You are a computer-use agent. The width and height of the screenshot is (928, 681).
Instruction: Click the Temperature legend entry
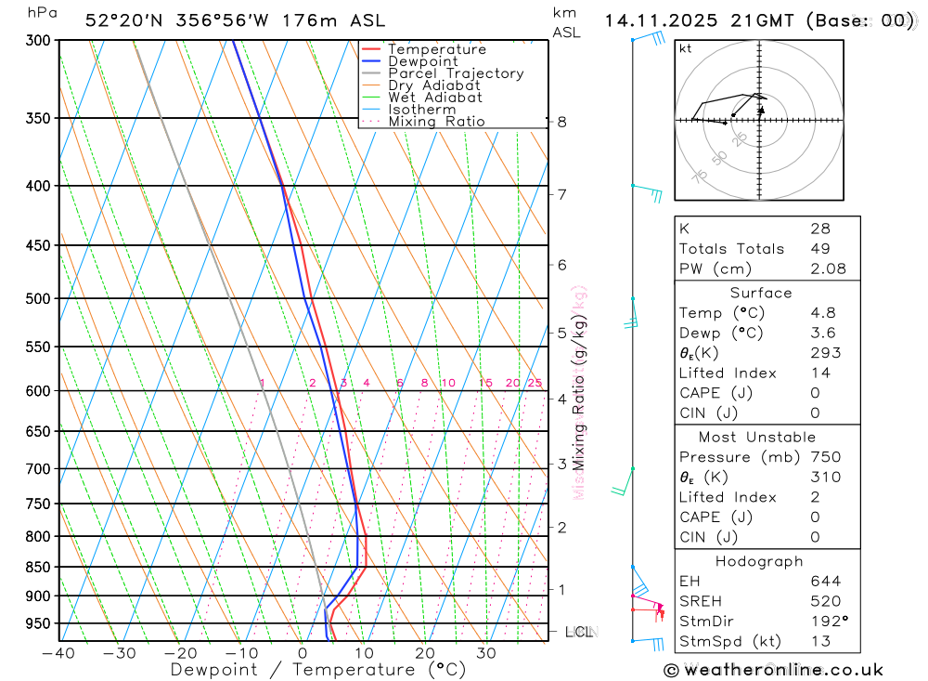[436, 49]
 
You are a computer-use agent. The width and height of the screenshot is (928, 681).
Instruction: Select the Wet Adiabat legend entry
[434, 97]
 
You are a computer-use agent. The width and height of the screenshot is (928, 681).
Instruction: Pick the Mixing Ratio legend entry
[436, 121]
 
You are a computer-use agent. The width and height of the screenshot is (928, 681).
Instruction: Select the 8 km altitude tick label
[561, 122]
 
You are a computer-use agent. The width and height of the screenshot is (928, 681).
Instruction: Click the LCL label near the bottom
[578, 633]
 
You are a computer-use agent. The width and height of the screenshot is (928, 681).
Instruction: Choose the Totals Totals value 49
[820, 248]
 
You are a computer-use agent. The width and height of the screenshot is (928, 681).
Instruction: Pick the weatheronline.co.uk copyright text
[773, 669]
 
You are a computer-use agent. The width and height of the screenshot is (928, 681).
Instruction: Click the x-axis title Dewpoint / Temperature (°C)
[318, 669]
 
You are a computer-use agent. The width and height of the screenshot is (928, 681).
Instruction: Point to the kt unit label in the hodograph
[685, 48]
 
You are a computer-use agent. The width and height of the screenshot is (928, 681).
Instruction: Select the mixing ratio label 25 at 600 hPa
[535, 383]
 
